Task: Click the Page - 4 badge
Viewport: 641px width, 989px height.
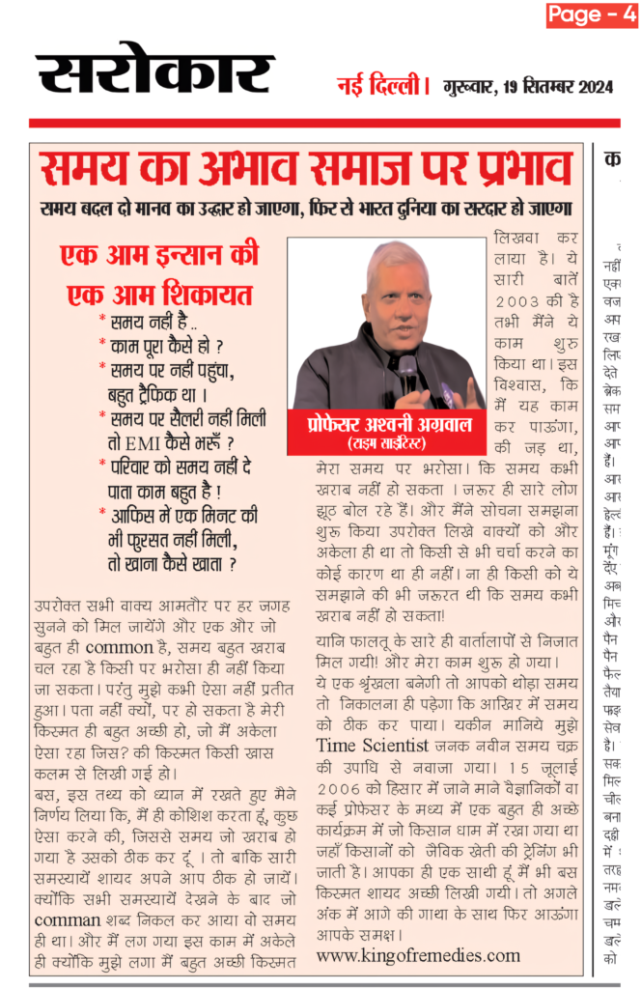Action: click(x=592, y=14)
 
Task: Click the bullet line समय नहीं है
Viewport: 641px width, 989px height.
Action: click(x=145, y=320)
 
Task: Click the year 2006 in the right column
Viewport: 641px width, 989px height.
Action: click(x=340, y=791)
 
